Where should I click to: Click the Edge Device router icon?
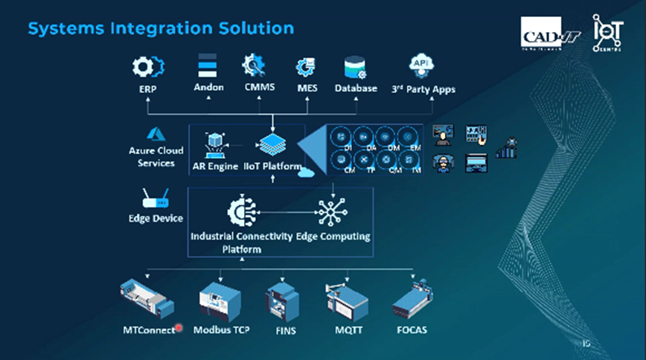[155, 199]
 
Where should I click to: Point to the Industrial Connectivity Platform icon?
[243, 210]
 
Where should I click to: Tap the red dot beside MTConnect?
[179, 328]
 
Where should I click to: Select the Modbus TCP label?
[221, 329]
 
